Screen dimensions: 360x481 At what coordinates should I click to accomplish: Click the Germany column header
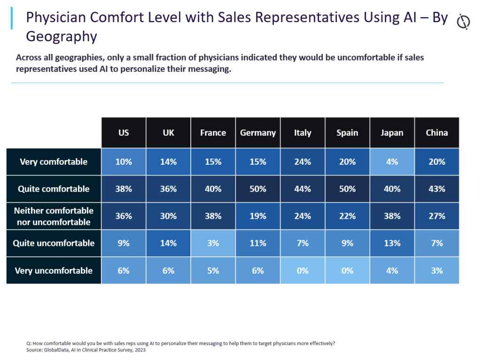click(x=258, y=133)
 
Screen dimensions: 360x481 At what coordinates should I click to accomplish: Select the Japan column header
click(x=392, y=133)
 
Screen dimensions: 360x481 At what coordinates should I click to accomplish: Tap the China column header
click(x=437, y=133)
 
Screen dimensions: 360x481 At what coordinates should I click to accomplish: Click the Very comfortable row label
click(x=54, y=162)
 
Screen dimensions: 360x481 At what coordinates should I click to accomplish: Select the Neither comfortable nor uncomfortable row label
click(x=54, y=216)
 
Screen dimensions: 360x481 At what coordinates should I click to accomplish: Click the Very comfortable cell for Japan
click(x=392, y=162)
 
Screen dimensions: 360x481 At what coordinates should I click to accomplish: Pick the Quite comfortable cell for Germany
click(x=258, y=189)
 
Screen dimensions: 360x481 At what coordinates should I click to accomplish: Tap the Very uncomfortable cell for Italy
click(x=303, y=271)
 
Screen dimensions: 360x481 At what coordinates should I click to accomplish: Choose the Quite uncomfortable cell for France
click(x=213, y=243)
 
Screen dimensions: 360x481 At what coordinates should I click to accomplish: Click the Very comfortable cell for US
click(x=124, y=162)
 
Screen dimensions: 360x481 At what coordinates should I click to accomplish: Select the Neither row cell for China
click(x=437, y=216)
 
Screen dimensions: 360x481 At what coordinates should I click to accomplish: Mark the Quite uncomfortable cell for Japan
click(x=392, y=243)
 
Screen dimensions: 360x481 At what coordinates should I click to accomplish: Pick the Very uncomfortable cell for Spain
click(x=347, y=271)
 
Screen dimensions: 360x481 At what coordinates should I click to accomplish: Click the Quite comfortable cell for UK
click(x=168, y=189)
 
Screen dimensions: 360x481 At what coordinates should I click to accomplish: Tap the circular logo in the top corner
click(x=464, y=22)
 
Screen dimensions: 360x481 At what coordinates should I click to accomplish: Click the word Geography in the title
click(x=62, y=36)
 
